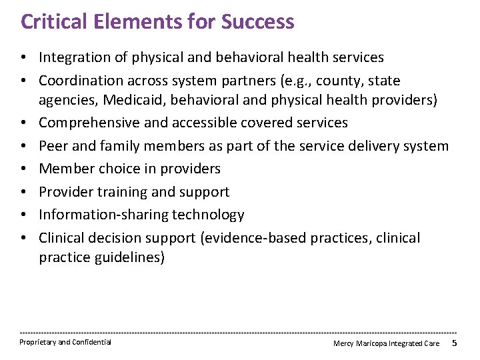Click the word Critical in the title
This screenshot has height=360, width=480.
pyautogui.click(x=52, y=21)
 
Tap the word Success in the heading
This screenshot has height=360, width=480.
pyautogui.click(x=257, y=21)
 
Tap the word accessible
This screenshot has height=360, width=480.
pyautogui.click(x=211, y=123)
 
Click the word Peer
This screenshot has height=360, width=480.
pyautogui.click(x=53, y=145)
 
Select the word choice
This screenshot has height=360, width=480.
pyautogui.click(x=117, y=169)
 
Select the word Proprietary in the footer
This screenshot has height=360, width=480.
pyautogui.click(x=37, y=342)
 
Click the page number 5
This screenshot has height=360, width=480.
pyautogui.click(x=454, y=343)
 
